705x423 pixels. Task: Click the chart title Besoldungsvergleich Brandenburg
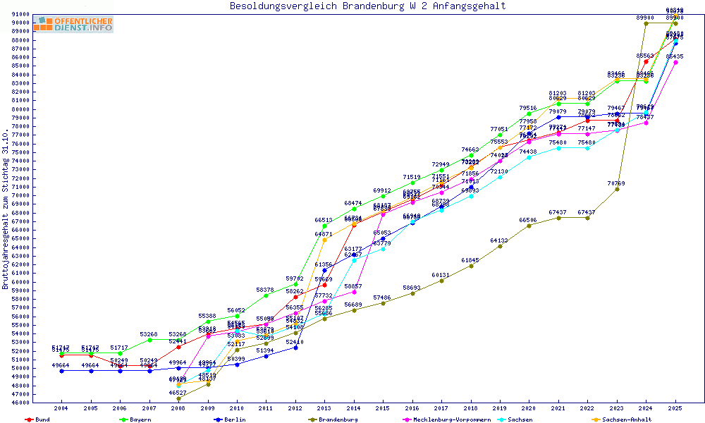(x=367, y=6)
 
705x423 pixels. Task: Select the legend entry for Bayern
(x=139, y=419)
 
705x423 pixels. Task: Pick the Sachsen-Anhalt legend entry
(x=627, y=419)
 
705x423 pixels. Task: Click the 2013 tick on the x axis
(x=324, y=408)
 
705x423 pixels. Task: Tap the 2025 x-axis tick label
(x=675, y=408)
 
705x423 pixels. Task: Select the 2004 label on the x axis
(x=61, y=408)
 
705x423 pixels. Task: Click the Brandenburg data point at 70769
(x=617, y=189)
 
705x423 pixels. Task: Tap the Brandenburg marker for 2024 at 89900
(x=646, y=23)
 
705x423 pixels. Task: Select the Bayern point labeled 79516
(x=529, y=114)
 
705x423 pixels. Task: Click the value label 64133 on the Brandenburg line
(x=499, y=240)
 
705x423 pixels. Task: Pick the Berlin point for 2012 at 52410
(x=295, y=348)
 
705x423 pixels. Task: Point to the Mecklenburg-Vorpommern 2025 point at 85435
(x=675, y=62)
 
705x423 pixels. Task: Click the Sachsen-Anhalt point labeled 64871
(x=324, y=240)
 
